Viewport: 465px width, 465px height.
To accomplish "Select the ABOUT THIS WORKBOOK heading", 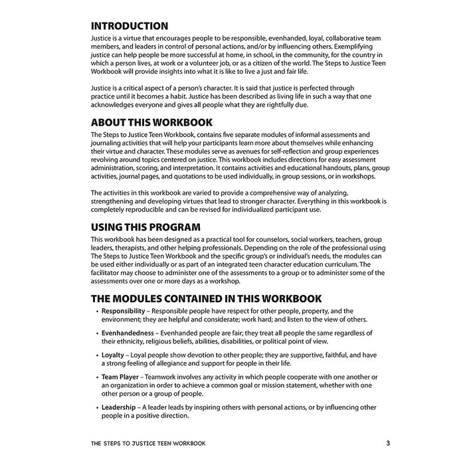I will click(151, 122).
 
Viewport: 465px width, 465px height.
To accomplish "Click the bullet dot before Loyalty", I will click(96, 355).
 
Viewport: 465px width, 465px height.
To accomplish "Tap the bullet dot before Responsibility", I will click(96, 311).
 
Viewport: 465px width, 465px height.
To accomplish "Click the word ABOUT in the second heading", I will click(110, 122).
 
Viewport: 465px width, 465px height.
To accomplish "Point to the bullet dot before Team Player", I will click(96, 377).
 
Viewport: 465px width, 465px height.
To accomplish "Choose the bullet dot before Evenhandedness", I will click(96, 333).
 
